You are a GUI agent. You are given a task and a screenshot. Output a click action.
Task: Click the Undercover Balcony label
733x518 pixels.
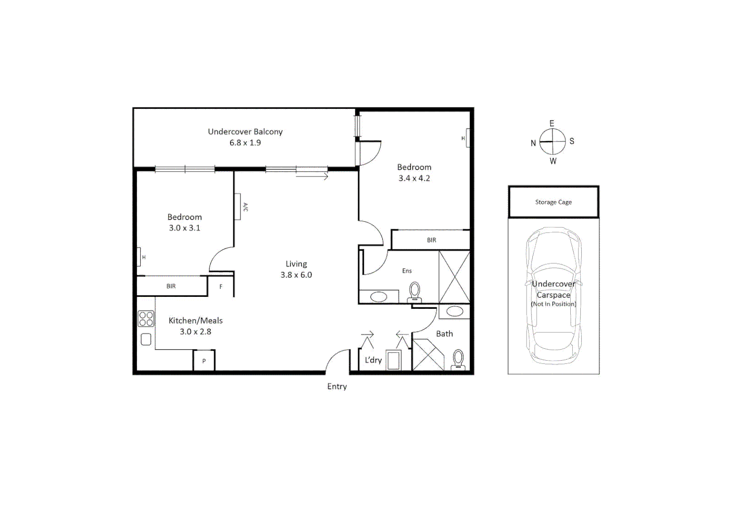pyautogui.click(x=245, y=131)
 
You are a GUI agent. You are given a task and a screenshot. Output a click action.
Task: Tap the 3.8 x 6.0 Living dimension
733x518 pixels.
pyautogui.click(x=296, y=275)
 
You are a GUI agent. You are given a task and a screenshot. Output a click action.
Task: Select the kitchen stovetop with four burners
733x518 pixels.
pyautogui.click(x=146, y=319)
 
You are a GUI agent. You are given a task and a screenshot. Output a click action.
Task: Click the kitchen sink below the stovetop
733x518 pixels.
pyautogui.click(x=146, y=340)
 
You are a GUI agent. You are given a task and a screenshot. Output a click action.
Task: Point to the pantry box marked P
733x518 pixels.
pyautogui.click(x=204, y=361)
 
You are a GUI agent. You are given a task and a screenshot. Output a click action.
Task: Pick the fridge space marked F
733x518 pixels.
pyautogui.click(x=221, y=287)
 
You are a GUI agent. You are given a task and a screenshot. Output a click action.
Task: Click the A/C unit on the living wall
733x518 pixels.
pyautogui.click(x=238, y=207)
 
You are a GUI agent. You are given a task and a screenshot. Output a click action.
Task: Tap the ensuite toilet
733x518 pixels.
pyautogui.click(x=415, y=292)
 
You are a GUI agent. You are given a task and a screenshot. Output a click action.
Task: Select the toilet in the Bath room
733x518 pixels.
pyautogui.click(x=458, y=359)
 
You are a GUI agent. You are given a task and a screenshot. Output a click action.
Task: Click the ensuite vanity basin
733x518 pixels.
pyautogui.click(x=379, y=297)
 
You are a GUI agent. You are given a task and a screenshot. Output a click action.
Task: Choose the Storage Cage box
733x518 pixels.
pyautogui.click(x=553, y=202)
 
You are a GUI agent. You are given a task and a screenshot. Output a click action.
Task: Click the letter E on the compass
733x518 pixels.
pyautogui.click(x=552, y=123)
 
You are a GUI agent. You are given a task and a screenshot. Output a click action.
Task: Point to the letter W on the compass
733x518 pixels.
pyautogui.click(x=553, y=161)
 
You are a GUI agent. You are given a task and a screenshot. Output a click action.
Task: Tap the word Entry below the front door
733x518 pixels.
pyautogui.click(x=337, y=387)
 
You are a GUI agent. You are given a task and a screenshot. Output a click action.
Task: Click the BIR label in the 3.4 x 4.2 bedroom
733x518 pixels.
pyautogui.click(x=432, y=240)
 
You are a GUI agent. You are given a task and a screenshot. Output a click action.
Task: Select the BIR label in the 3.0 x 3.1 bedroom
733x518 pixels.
pyautogui.click(x=171, y=286)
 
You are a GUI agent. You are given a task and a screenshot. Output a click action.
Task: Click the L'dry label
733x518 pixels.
pyautogui.click(x=373, y=360)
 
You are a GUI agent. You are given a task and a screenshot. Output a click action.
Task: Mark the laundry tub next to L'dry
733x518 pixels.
pyautogui.click(x=394, y=360)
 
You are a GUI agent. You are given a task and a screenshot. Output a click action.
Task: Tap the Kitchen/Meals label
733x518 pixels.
pyautogui.click(x=195, y=320)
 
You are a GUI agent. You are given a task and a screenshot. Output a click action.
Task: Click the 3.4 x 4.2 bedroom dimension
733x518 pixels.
pyautogui.click(x=414, y=178)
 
